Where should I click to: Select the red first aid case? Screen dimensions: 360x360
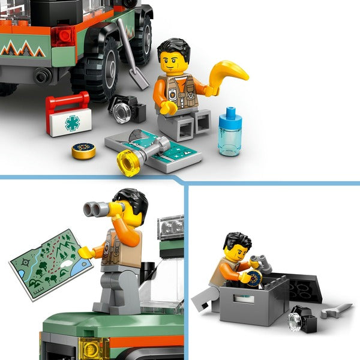click(68, 115)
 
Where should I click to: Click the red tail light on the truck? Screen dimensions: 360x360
click(62, 36)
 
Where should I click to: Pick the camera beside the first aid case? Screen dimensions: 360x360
click(127, 109)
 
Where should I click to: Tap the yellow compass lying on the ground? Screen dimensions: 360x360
click(83, 150)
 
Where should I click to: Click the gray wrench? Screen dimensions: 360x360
click(336, 310)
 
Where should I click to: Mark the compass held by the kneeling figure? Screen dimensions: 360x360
click(254, 278)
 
